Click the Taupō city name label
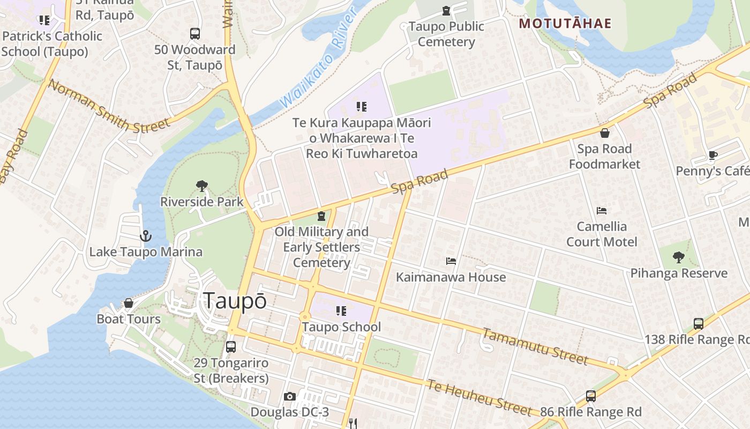235,301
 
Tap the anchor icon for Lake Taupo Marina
145,235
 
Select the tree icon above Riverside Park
202,186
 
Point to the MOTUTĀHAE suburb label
565,24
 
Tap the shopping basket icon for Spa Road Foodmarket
605,133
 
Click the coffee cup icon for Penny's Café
712,156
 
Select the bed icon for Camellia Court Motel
602,211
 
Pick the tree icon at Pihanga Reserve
679,257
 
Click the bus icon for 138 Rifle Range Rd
699,324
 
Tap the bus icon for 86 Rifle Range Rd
591,396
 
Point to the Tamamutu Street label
535,346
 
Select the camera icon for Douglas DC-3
290,397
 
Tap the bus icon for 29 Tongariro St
231,347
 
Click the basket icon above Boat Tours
129,304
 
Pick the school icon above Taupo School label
341,311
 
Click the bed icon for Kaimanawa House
451,261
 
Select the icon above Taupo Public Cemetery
446,11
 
